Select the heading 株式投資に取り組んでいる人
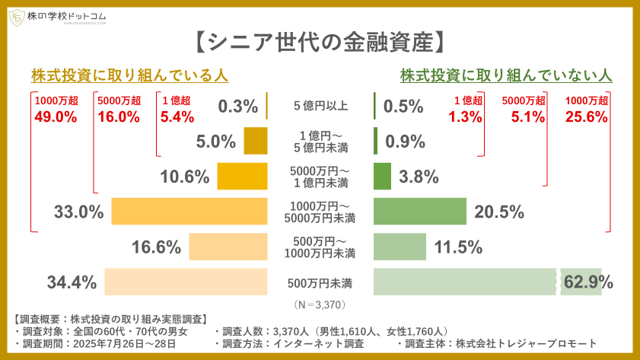click(x=130, y=76)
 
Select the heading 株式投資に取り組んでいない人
click(x=506, y=76)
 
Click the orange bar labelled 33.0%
click(x=189, y=212)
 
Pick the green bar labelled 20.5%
click(x=419, y=212)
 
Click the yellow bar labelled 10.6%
click(x=242, y=177)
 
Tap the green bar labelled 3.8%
click(x=382, y=177)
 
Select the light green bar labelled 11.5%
click(x=400, y=247)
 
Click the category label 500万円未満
click(x=320, y=283)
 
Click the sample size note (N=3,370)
click(x=320, y=304)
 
